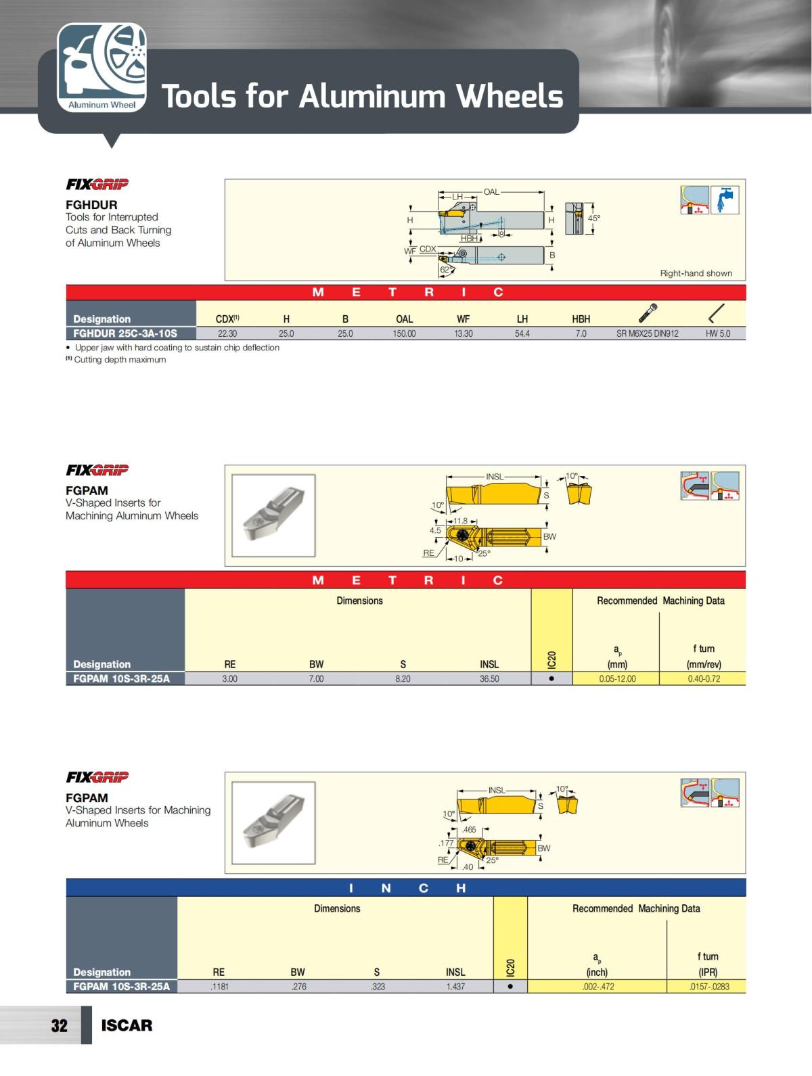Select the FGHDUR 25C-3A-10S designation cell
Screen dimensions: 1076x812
[125, 333]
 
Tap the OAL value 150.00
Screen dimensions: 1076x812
[405, 333]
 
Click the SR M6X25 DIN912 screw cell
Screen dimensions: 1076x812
[647, 333]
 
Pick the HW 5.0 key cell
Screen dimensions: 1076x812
[718, 333]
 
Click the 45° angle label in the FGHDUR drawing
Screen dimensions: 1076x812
[593, 218]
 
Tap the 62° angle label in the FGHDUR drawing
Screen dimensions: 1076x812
[446, 269]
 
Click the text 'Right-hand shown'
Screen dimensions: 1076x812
[696, 273]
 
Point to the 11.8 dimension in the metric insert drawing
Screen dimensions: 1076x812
[460, 521]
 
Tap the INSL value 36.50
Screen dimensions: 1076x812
[489, 678]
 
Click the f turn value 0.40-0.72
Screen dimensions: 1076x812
[704, 678]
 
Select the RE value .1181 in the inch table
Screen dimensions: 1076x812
[219, 986]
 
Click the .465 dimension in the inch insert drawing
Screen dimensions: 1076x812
[469, 829]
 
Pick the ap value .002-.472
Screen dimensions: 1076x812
[598, 986]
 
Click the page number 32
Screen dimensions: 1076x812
[60, 1025]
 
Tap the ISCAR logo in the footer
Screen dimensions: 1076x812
[127, 1025]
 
